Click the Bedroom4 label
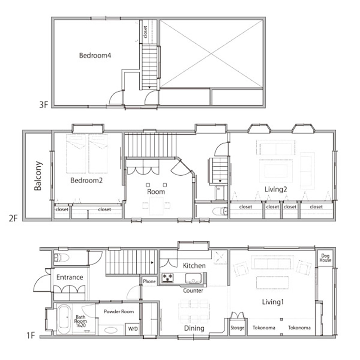95,55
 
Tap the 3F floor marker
44,105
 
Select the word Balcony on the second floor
38,176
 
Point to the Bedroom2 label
86,180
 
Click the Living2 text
275,189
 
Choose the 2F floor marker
13,218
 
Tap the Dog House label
325,258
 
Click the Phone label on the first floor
149,281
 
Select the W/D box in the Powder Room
133,329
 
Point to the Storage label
237,328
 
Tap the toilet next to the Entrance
61,258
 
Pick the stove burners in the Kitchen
168,278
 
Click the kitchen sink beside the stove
193,278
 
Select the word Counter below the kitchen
193,291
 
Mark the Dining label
194,328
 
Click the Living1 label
273,302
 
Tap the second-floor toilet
220,211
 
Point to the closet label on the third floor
145,32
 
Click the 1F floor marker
31,336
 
